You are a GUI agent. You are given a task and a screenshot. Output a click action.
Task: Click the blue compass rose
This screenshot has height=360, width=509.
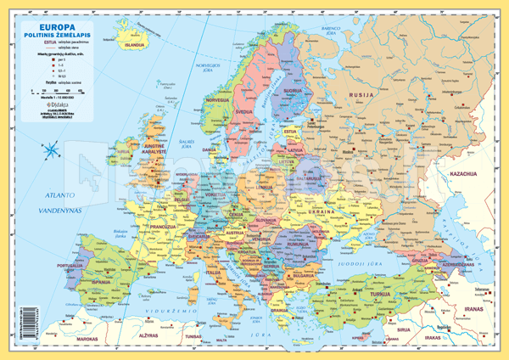coord(49,151)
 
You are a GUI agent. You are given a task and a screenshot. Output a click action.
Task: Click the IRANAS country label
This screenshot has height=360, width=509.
coord(479,312)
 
